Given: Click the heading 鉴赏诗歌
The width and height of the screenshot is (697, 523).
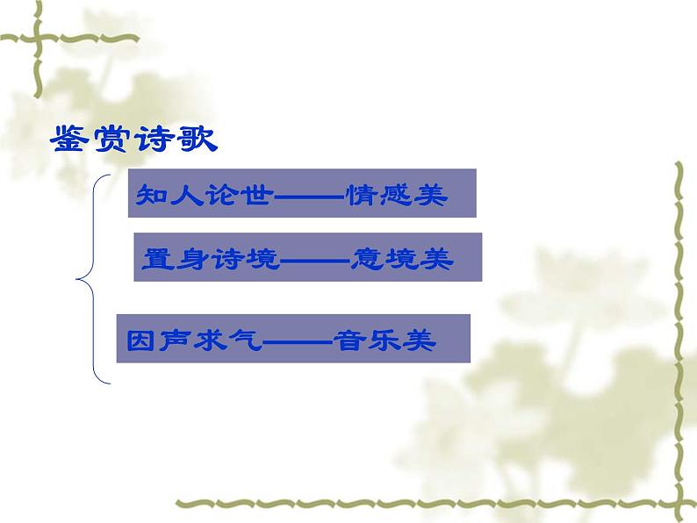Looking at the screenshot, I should tap(134, 140).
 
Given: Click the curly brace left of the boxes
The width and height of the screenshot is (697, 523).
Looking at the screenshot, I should tap(92, 280).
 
